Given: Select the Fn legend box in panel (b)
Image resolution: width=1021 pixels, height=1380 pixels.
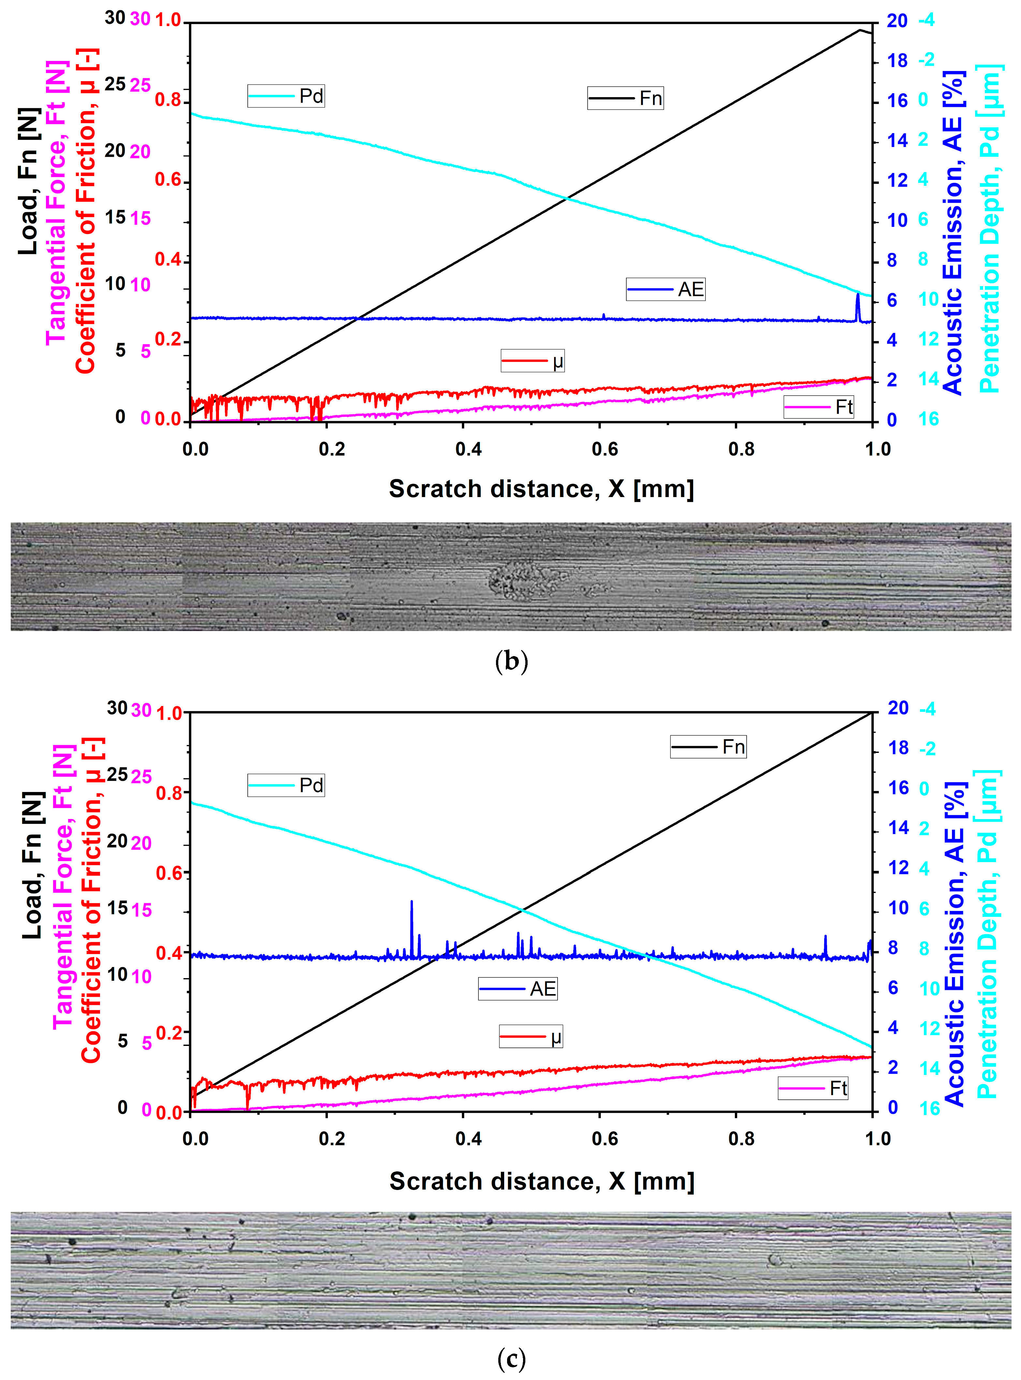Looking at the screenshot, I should pyautogui.click(x=625, y=98).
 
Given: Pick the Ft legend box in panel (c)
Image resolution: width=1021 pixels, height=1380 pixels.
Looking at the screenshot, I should pyautogui.click(x=813, y=1088).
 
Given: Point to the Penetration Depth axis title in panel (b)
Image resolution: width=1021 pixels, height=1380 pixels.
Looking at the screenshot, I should pyautogui.click(x=989, y=229).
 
